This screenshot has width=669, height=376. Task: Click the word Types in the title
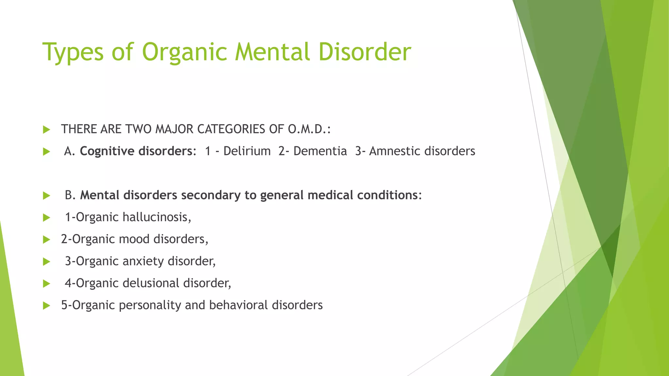pyautogui.click(x=73, y=52)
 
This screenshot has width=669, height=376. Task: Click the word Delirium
pyautogui.click(x=247, y=151)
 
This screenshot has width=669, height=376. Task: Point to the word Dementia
pyautogui.click(x=320, y=151)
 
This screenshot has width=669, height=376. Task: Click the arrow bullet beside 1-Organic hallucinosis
pyautogui.click(x=47, y=217)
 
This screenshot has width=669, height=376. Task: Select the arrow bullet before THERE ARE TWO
pyautogui.click(x=47, y=130)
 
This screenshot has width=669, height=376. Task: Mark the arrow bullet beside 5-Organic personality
pyautogui.click(x=47, y=305)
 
